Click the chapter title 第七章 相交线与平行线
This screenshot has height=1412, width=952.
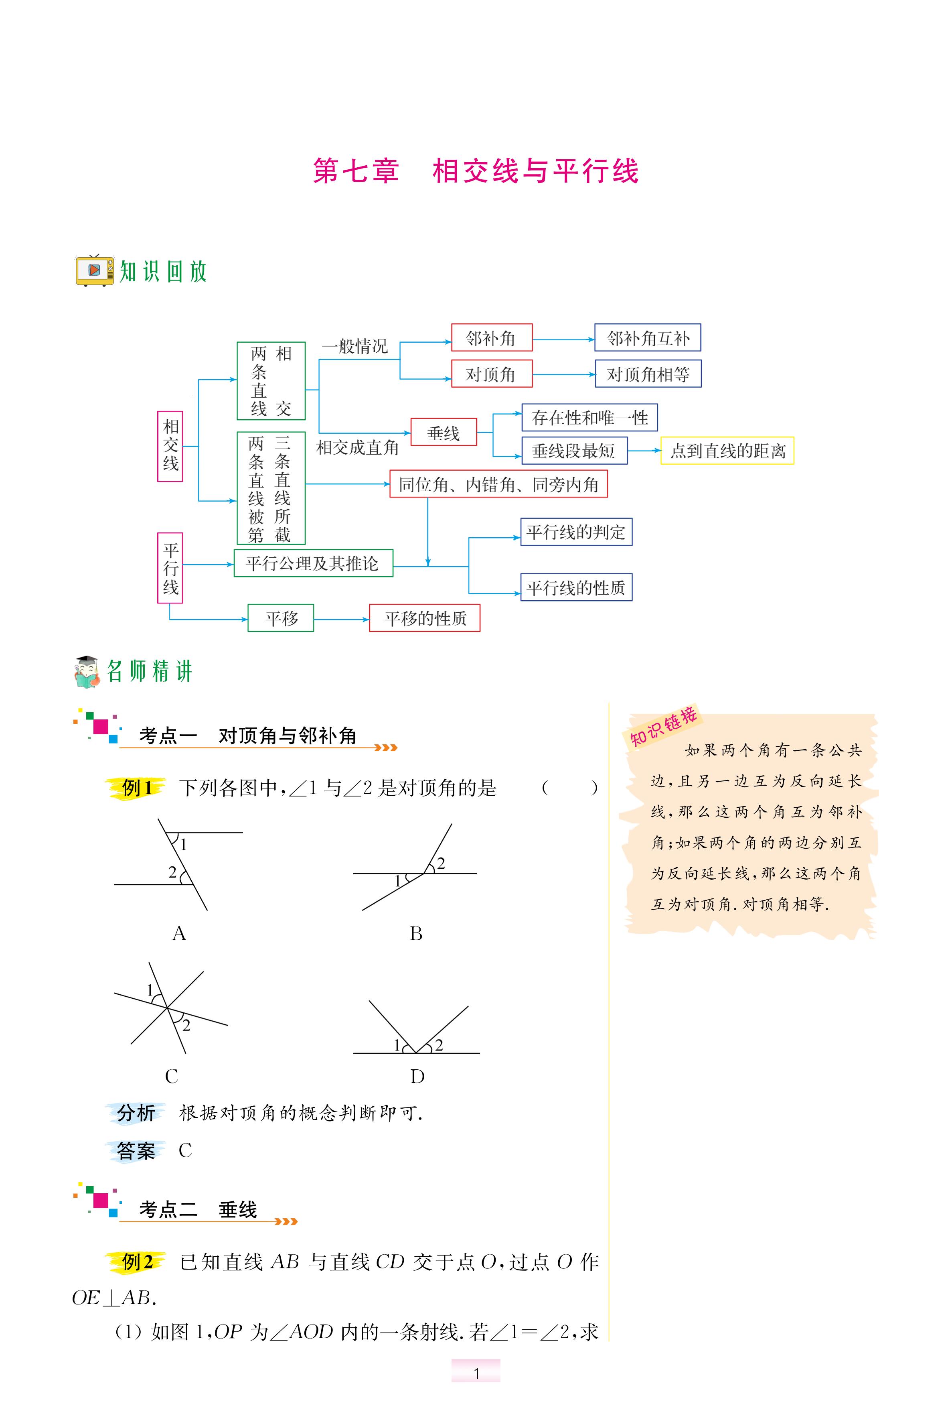[475, 171]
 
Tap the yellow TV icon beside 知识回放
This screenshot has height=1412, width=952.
[94, 270]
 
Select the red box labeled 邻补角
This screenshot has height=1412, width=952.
[491, 338]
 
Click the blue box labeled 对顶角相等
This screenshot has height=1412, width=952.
[648, 374]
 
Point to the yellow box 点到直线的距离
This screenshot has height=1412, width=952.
[727, 451]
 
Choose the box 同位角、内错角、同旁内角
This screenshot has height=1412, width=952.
[498, 484]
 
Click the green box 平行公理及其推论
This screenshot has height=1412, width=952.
[313, 563]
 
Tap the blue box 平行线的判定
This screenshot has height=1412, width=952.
[575, 532]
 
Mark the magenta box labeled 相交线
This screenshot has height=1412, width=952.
[170, 446]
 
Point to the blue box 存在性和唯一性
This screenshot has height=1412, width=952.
[589, 418]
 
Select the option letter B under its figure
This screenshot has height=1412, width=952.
[416, 933]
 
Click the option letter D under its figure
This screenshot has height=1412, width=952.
[417, 1076]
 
